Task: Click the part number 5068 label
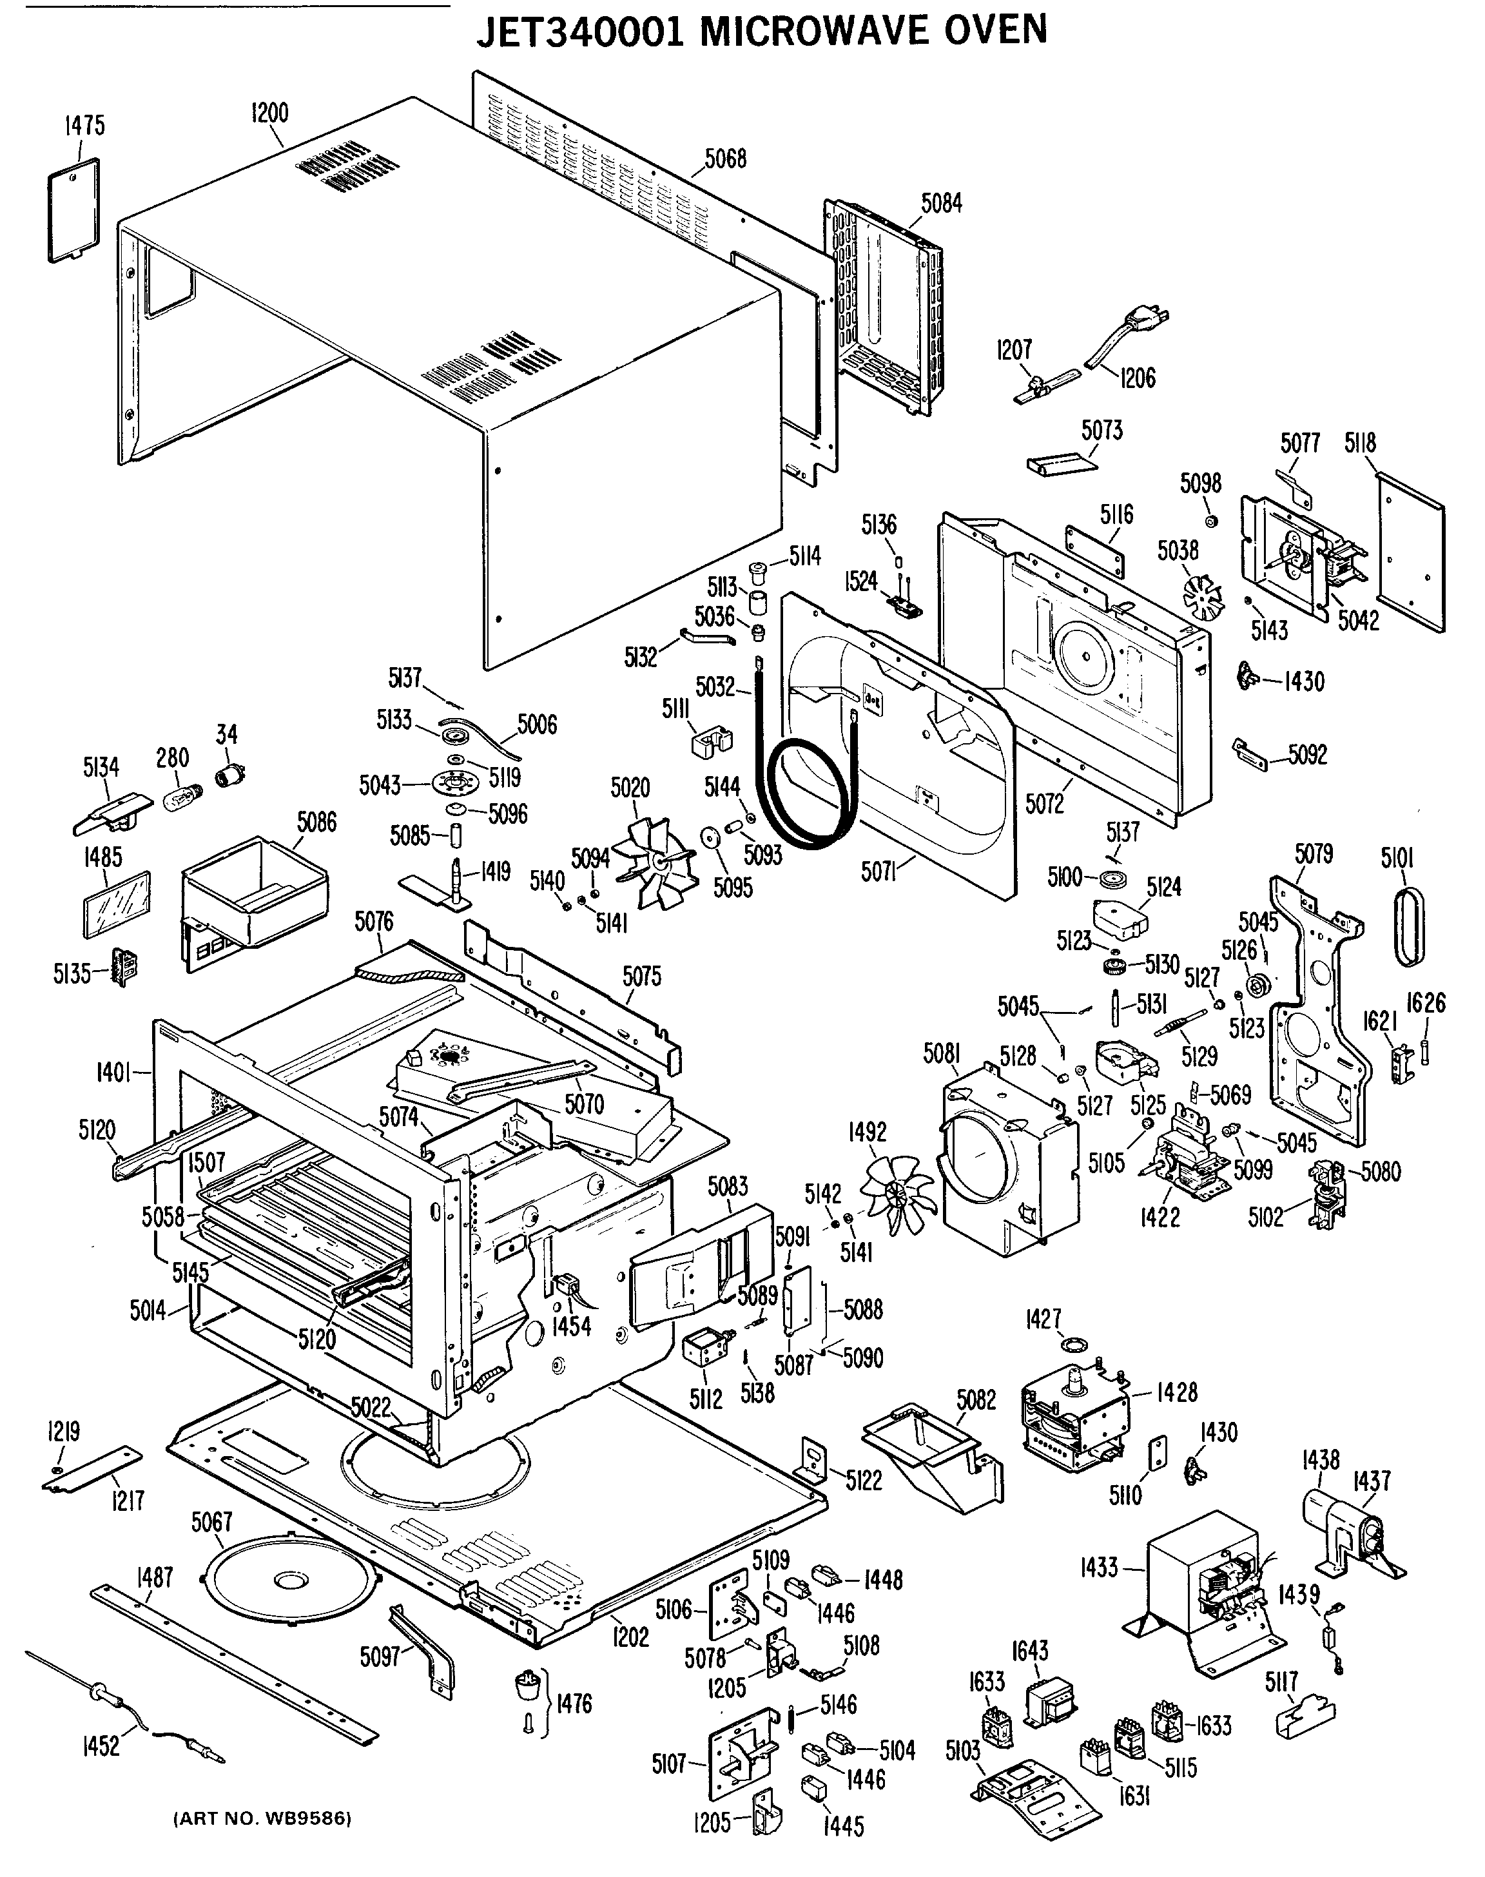click(x=725, y=159)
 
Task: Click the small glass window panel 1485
click(x=115, y=905)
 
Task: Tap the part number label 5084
click(x=942, y=204)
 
